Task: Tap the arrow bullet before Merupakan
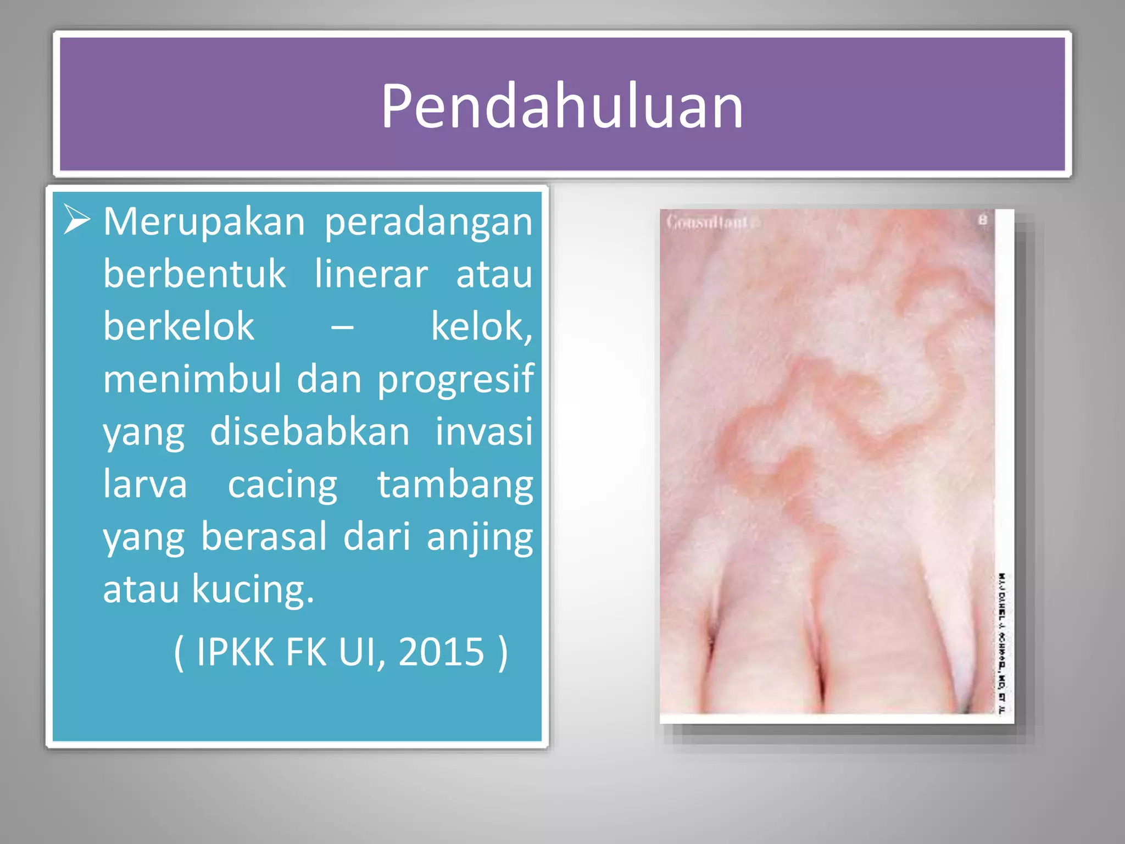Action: click(x=76, y=220)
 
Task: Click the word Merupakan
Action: click(x=204, y=222)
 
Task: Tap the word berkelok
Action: click(x=179, y=326)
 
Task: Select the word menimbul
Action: click(x=192, y=379)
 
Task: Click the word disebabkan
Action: click(x=310, y=431)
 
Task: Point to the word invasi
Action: click(x=484, y=431)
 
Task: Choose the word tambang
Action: click(x=455, y=485)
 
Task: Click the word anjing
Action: click(x=480, y=537)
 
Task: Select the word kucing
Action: click(x=252, y=589)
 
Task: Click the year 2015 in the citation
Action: click(x=441, y=652)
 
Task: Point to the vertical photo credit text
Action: click(x=1002, y=643)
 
